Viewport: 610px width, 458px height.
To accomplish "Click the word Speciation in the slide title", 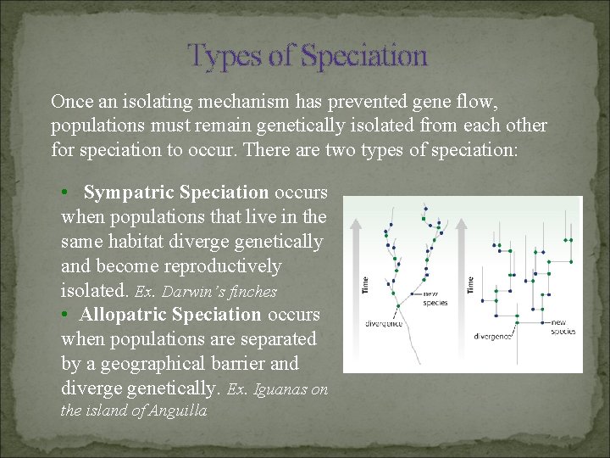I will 363,57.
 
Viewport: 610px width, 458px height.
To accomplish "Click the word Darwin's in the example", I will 191,292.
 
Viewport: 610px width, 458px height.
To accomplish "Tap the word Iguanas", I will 279,390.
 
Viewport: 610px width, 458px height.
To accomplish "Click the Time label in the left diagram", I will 365,286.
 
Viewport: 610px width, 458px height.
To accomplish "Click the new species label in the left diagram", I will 435,299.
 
